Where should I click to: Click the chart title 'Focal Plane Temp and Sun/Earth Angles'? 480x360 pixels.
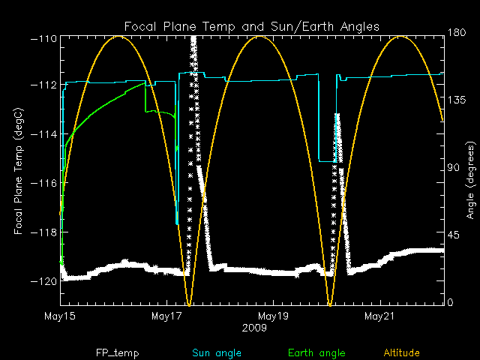point(251,26)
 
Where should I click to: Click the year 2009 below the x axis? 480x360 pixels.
point(253,328)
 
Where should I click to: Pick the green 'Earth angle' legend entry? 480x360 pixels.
point(316,352)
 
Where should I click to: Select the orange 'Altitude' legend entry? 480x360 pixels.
point(402,352)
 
